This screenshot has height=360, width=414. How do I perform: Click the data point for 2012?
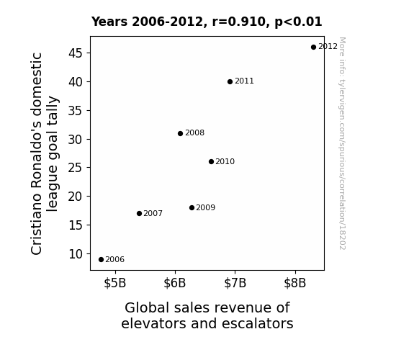coord(313,48)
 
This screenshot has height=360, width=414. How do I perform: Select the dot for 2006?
coord(101,260)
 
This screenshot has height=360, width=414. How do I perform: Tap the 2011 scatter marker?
coord(230,82)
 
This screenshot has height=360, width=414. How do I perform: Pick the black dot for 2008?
coord(180,134)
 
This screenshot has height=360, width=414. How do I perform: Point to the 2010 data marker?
coord(211,162)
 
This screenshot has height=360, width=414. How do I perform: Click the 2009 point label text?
coord(206,207)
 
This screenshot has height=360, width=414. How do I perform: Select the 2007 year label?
coord(153,213)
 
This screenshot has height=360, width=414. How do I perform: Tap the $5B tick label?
coord(115,284)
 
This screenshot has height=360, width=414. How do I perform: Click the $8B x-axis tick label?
coord(295,284)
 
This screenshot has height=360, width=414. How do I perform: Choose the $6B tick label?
coord(175,284)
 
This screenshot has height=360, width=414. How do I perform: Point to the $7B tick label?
coord(235,284)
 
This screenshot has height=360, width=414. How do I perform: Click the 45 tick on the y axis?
coord(76,53)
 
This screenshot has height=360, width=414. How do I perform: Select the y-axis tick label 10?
coord(76,254)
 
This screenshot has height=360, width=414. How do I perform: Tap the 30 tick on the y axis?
coord(76,140)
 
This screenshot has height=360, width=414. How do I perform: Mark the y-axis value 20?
coord(76,197)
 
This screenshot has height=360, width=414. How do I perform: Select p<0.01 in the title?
coord(298,22)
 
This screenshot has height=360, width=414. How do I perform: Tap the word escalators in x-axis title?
coord(258,323)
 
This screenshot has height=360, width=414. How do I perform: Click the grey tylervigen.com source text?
coord(342,144)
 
